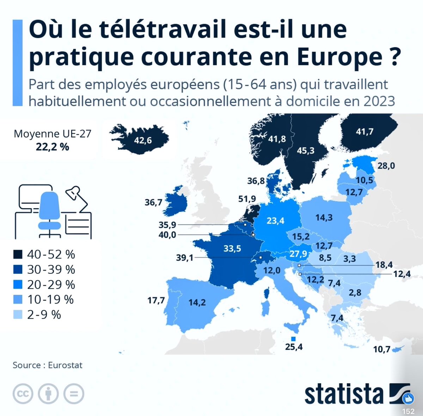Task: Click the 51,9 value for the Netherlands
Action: [x=247, y=199]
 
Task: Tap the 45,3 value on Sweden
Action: [x=305, y=151]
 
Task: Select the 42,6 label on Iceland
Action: [x=143, y=141]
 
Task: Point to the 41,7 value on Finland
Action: [x=364, y=132]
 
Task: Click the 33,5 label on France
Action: [x=232, y=249]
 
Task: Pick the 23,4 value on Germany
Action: [x=275, y=221]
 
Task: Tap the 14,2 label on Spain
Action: [x=197, y=303]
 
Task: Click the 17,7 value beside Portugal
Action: [x=156, y=300]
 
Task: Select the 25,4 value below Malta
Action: [x=294, y=347]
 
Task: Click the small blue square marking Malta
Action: [x=293, y=339]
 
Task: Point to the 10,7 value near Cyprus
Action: [x=381, y=349]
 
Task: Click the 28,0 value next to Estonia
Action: [x=386, y=166]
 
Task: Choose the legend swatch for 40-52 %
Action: [x=18, y=254]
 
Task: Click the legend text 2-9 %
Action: [x=44, y=315]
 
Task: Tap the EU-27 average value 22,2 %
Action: [x=52, y=147]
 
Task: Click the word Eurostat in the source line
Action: [x=65, y=365]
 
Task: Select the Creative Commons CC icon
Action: [x=23, y=393]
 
